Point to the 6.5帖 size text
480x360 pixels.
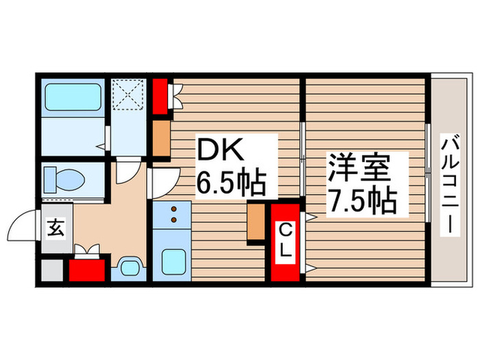click(231, 182)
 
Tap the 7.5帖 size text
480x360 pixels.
click(362, 200)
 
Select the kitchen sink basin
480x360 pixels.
click(171, 261)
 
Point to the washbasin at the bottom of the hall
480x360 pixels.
click(128, 267)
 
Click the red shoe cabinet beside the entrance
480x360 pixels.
click(88, 267)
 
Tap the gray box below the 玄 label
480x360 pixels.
click(53, 269)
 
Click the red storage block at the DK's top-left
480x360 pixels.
click(161, 96)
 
